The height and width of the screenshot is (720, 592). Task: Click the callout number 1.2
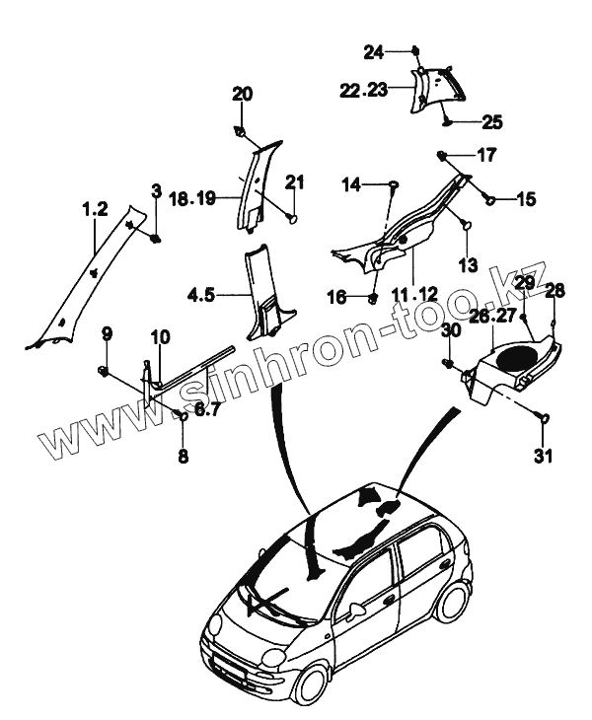tap(94, 209)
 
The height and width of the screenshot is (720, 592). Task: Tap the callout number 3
tap(155, 190)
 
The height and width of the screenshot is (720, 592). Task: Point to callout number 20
tap(243, 95)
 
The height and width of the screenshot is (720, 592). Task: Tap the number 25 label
tap(491, 122)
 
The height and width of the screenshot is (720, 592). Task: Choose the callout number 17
tap(487, 155)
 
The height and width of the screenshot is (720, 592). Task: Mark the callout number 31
tap(545, 456)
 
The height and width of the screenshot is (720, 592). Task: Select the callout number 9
tap(108, 333)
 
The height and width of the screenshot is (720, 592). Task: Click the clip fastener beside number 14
tap(393, 184)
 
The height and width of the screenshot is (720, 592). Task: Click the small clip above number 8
tap(183, 415)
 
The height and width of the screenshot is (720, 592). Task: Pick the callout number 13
tap(467, 266)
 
